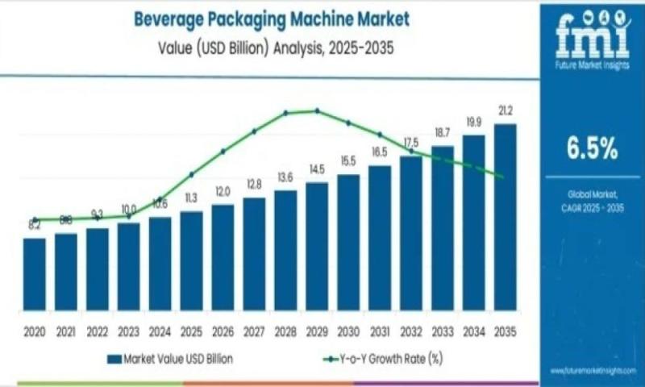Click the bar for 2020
click(35, 273)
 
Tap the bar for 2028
click(285, 249)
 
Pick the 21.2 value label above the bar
click(506, 110)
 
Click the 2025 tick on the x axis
click(191, 331)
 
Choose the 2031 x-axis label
click(380, 331)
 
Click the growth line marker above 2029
click(317, 110)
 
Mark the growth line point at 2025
click(191, 174)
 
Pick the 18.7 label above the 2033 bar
click(443, 131)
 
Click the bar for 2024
click(160, 263)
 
